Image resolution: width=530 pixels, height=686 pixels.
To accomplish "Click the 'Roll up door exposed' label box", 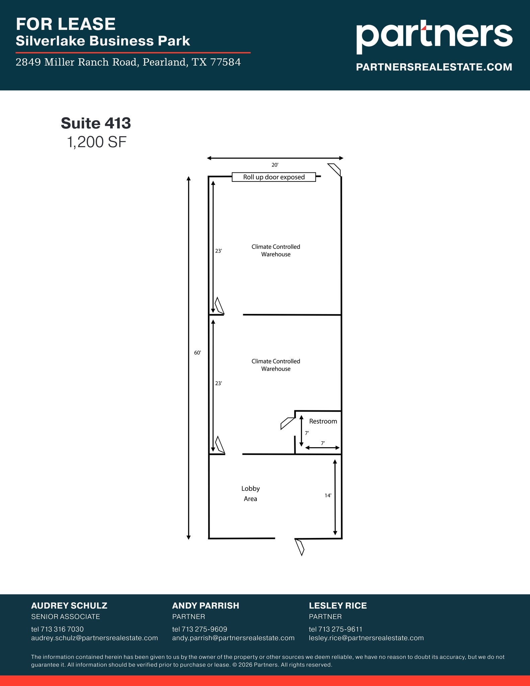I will click(x=274, y=177).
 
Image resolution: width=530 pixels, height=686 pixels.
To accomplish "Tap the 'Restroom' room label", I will click(x=323, y=421).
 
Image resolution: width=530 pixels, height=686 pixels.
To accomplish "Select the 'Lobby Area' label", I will click(x=250, y=493).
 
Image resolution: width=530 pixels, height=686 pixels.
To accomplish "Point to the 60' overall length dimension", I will click(x=198, y=353).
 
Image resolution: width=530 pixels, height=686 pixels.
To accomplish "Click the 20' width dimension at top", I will click(x=275, y=165).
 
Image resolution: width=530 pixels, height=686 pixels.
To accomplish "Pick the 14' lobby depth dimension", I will click(x=328, y=495).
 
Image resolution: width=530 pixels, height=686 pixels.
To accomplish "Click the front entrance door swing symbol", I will click(x=299, y=547).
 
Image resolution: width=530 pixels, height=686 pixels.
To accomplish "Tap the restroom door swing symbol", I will click(x=287, y=423).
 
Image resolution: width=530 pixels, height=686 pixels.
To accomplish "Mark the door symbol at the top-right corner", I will click(x=334, y=169).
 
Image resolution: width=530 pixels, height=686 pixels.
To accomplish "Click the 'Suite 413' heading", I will click(x=96, y=123).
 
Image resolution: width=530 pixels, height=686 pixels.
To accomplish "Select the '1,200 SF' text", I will click(x=97, y=142).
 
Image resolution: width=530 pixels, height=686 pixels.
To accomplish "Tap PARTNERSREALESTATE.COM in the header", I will click(x=434, y=67).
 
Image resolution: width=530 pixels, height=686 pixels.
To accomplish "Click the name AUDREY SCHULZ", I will click(x=69, y=606).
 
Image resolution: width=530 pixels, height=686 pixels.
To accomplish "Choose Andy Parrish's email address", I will click(x=233, y=638).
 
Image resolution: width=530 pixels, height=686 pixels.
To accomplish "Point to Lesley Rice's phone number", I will click(x=335, y=629).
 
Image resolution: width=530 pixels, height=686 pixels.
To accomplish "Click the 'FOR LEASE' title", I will click(x=66, y=24).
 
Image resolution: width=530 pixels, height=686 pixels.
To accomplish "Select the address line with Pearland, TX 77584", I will click(x=128, y=62).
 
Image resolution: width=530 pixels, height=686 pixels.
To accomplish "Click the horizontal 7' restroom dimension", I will click(x=323, y=443).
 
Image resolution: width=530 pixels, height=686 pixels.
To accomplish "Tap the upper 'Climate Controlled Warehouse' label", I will click(x=276, y=250).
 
